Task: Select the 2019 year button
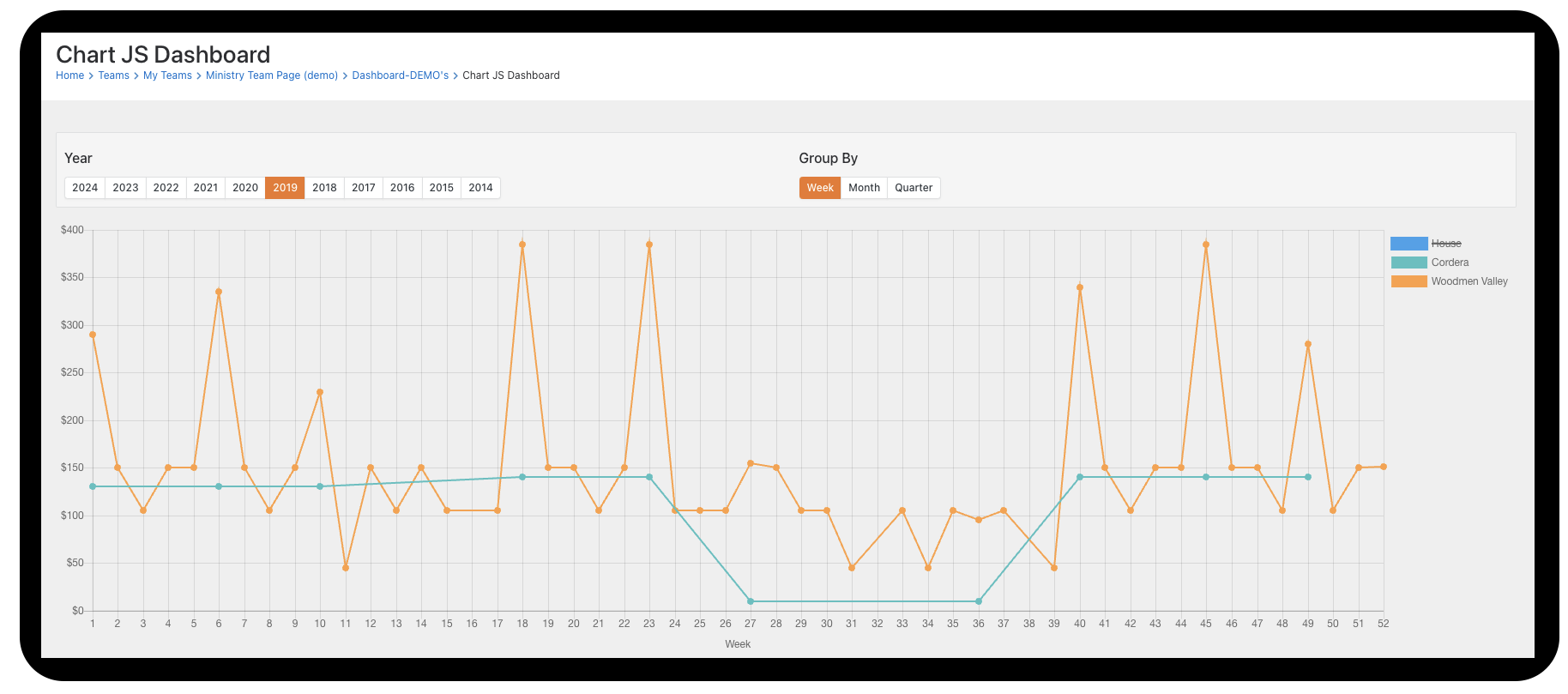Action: [285, 188]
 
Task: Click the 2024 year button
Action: [85, 188]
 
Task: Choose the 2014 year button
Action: [480, 188]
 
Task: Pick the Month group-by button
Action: [864, 188]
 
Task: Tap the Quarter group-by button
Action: [914, 188]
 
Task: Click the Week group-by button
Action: [820, 188]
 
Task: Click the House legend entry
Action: [1445, 244]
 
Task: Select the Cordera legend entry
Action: [1450, 263]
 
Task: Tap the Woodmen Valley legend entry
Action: [1468, 281]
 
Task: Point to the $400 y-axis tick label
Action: [72, 230]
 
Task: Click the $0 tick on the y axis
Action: [77, 611]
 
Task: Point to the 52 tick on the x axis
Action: [1383, 624]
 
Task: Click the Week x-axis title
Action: [738, 644]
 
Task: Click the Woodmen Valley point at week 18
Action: [522, 244]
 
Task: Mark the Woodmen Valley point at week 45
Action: [1206, 244]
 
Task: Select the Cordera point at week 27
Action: [751, 601]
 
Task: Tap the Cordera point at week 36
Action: [979, 601]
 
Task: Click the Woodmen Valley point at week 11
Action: [346, 568]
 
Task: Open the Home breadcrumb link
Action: [69, 75]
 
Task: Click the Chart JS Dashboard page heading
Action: [163, 55]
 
